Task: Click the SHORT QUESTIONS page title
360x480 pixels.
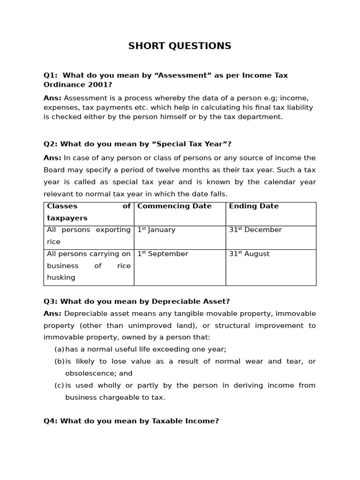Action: [180, 46]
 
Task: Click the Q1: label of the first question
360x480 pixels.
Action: [51, 75]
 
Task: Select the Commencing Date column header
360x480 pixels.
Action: [174, 206]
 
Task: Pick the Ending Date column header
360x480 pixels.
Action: [254, 206]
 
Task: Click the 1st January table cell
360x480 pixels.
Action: [156, 230]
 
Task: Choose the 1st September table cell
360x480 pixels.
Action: [162, 254]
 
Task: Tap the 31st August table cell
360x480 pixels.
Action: [249, 254]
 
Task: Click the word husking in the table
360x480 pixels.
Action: [61, 277]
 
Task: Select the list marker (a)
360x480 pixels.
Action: [59, 349]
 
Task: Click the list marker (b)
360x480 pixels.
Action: [59, 361]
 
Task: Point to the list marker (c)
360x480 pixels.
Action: [59, 385]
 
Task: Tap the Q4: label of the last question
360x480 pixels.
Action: [51, 421]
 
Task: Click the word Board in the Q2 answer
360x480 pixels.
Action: [54, 170]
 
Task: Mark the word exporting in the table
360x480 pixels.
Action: [113, 230]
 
